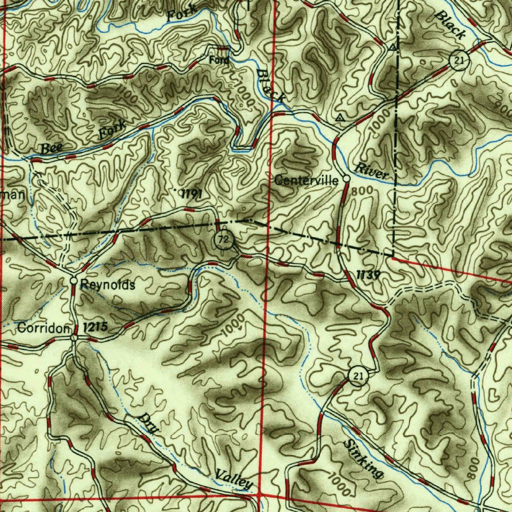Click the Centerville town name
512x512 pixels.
[306, 180]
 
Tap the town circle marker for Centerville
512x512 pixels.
[346, 178]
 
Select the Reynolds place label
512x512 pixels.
[107, 285]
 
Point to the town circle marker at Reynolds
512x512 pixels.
[73, 281]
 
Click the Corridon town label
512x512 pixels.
[42, 328]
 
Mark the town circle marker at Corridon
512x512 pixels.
[74, 338]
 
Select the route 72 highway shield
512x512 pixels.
[224, 240]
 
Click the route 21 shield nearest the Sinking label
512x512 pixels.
[356, 376]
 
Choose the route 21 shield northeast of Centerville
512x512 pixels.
[458, 61]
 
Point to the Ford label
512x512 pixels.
[219, 60]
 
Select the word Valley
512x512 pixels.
[233, 479]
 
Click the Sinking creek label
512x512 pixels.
[363, 459]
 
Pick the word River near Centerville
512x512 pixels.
[371, 171]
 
